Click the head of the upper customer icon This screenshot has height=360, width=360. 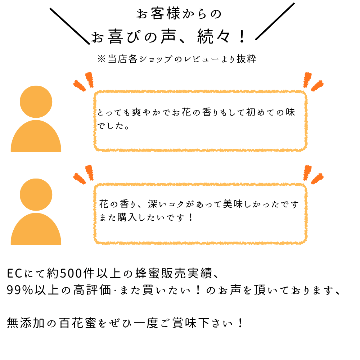click(x=36, y=102)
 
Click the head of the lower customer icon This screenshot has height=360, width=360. click(x=36, y=194)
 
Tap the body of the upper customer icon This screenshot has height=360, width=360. click(x=36, y=139)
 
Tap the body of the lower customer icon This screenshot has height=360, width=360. click(x=36, y=231)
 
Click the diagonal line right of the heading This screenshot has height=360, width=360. click(x=275, y=21)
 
